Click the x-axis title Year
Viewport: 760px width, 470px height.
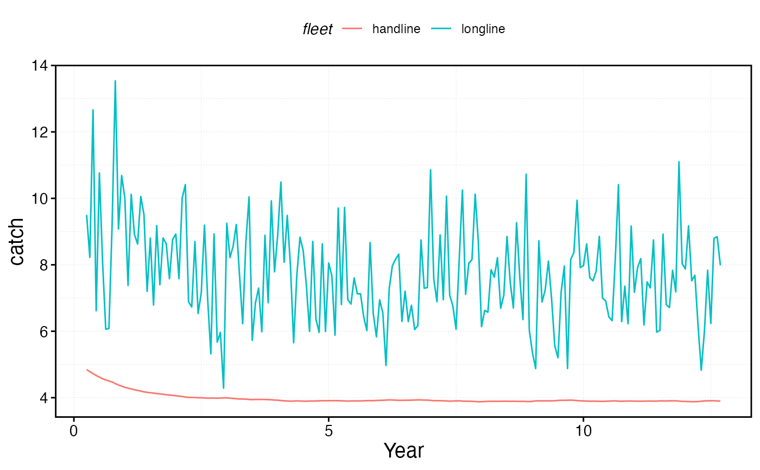point(403,451)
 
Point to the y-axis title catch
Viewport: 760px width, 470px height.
point(17,241)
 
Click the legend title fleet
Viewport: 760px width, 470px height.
point(318,29)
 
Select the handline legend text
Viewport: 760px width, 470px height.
point(396,29)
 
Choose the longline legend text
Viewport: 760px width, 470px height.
point(483,29)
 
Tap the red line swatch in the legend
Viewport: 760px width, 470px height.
point(352,29)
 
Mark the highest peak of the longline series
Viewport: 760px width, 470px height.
point(115,81)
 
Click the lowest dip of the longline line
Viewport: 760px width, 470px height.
point(224,388)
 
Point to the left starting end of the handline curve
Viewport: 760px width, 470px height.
point(87,370)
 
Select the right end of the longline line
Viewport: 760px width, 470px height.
point(720,265)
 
